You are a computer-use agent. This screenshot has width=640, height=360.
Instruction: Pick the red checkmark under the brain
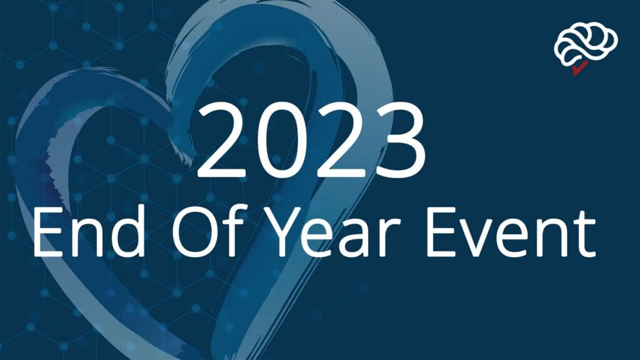coord(579,69)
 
